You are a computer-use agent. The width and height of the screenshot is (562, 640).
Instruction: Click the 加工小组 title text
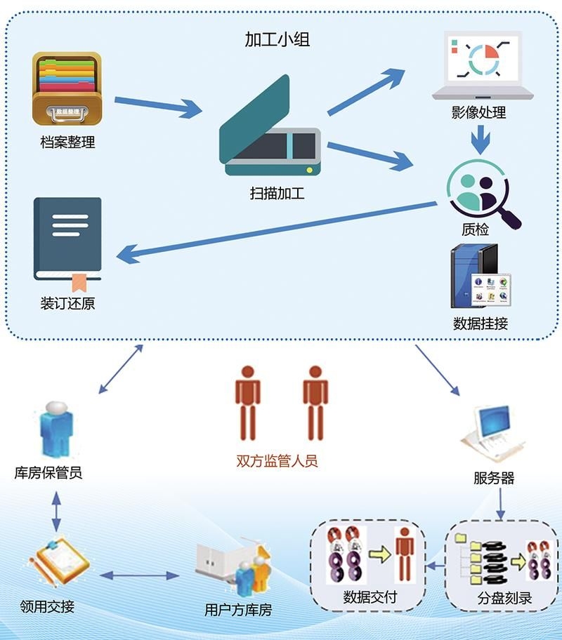click(277, 39)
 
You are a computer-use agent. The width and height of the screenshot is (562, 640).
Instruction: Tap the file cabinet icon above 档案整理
click(67, 88)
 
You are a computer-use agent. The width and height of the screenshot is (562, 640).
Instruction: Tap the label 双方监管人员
click(277, 461)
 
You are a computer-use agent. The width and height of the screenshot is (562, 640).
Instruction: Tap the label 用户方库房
click(237, 609)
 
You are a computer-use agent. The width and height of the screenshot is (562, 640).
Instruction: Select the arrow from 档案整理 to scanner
click(157, 106)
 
